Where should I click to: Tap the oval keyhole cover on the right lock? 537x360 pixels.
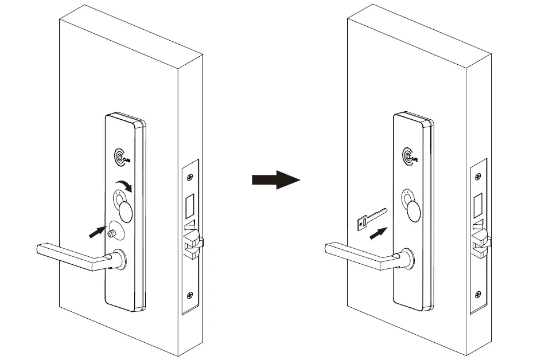pos(415,210)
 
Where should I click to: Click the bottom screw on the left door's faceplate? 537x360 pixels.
pos(190,296)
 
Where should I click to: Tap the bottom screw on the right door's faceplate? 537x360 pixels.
pos(477,295)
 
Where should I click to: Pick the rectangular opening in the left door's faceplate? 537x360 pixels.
pos(190,204)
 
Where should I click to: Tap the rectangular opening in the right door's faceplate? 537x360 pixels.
pos(478,204)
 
